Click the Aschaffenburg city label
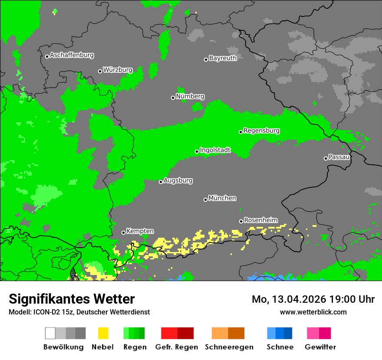pyautogui.click(x=72, y=55)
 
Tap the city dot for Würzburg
pyautogui.click(x=100, y=71)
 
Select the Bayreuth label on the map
pyautogui.click(x=223, y=58)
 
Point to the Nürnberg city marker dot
pyautogui.click(x=173, y=98)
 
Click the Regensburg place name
pyautogui.click(x=261, y=131)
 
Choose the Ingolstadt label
pyautogui.click(x=215, y=150)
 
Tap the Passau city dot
pyautogui.click(x=326, y=158)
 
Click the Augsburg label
pyautogui.click(x=178, y=180)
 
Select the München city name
pyautogui.click(x=222, y=198)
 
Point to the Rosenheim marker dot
pyautogui.click(x=241, y=221)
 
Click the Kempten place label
pyautogui.click(x=140, y=231)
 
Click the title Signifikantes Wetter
pyautogui.click(x=72, y=299)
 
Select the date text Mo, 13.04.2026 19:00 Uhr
pyautogui.click(x=313, y=299)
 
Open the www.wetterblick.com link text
pyautogui.click(x=313, y=312)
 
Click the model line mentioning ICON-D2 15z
pyautogui.click(x=79, y=312)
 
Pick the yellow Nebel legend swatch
pyautogui.click(x=103, y=333)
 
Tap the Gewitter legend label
pyautogui.click(x=320, y=347)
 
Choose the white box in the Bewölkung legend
pyautogui.click(x=50, y=333)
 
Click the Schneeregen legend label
pyautogui.click(x=229, y=347)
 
